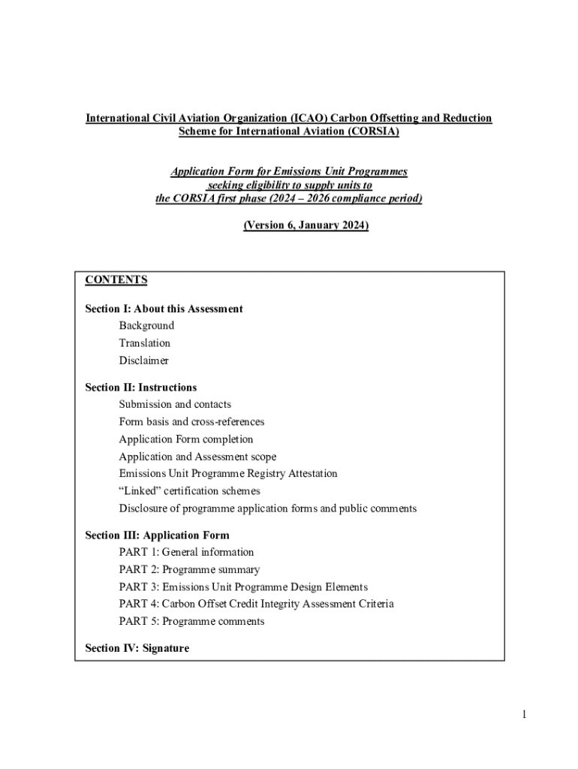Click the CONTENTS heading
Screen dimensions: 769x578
[116, 280]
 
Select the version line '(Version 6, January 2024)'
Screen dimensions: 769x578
[306, 225]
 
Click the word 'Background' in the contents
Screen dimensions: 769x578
[146, 326]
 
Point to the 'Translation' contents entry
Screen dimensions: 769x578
[145, 343]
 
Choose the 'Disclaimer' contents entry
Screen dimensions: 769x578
[143, 360]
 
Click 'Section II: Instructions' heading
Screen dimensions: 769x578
[141, 388]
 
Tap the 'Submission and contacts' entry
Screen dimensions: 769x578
[175, 405]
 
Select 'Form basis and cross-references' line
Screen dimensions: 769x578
[191, 422]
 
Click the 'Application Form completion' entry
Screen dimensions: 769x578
[186, 439]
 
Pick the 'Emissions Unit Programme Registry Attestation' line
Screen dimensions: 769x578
[228, 474]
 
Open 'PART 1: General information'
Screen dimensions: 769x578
[186, 553]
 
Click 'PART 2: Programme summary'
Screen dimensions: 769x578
[189, 570]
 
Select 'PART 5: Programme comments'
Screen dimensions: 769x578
[191, 622]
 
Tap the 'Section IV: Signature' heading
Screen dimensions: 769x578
[137, 648]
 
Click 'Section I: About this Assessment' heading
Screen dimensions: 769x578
[164, 309]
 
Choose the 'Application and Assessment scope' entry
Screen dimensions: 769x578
[197, 457]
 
